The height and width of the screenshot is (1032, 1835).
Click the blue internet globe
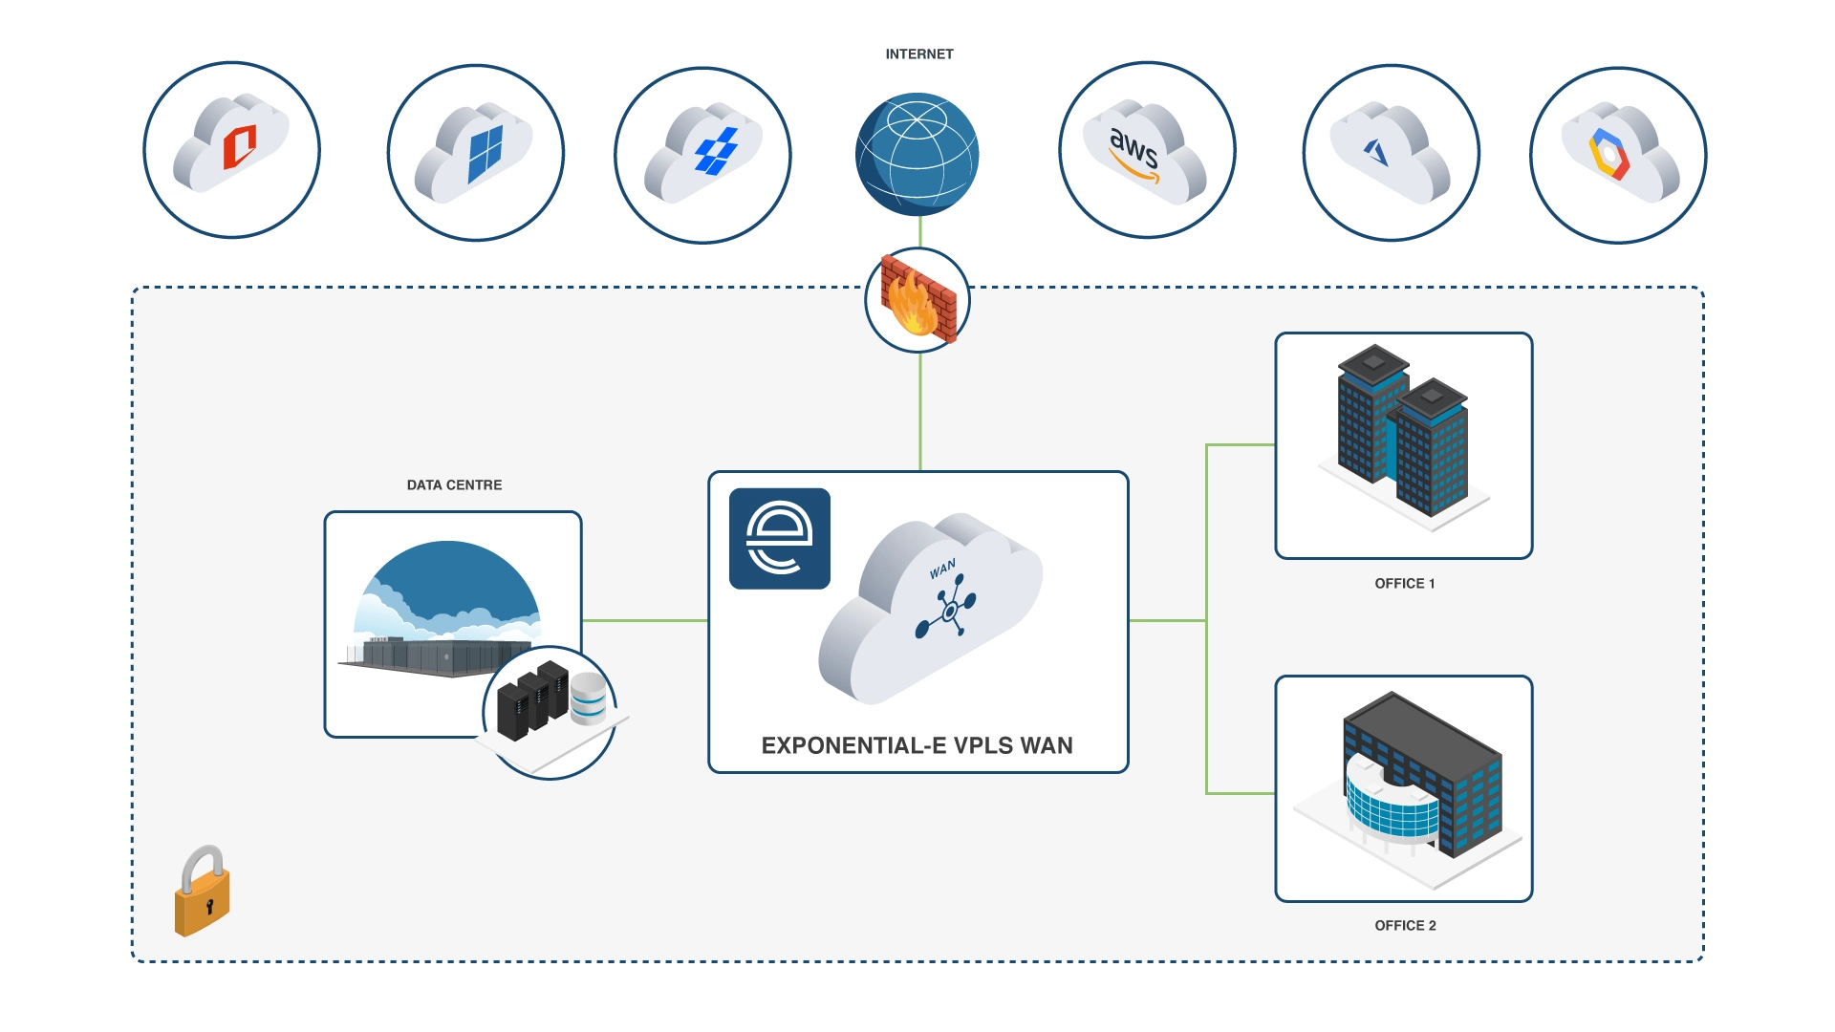coord(917,153)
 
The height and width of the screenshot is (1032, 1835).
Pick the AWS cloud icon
coord(1146,151)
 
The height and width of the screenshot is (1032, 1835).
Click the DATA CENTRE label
coord(454,485)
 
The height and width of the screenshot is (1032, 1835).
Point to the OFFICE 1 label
coord(1404,584)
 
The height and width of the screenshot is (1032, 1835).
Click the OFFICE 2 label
coord(1404,926)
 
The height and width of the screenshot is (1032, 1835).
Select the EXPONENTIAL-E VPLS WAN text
coord(917,745)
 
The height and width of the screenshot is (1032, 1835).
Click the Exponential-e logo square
coord(779,539)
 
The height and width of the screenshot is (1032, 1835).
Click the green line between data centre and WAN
coord(644,621)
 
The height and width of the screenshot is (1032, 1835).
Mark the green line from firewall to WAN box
coord(920,411)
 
